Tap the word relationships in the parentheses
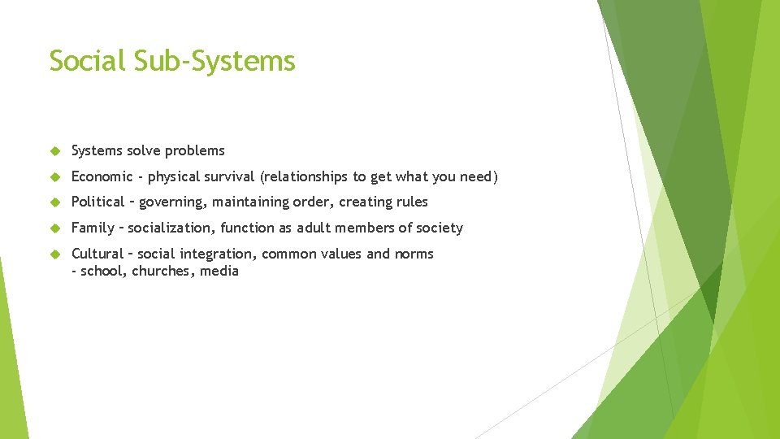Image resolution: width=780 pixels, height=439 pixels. [304, 176]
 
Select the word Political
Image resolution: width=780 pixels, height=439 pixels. [97, 202]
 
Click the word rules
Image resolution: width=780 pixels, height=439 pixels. [410, 202]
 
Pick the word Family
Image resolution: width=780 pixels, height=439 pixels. [93, 228]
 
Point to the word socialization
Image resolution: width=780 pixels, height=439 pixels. [171, 228]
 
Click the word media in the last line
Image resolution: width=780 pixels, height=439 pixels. [221, 272]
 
